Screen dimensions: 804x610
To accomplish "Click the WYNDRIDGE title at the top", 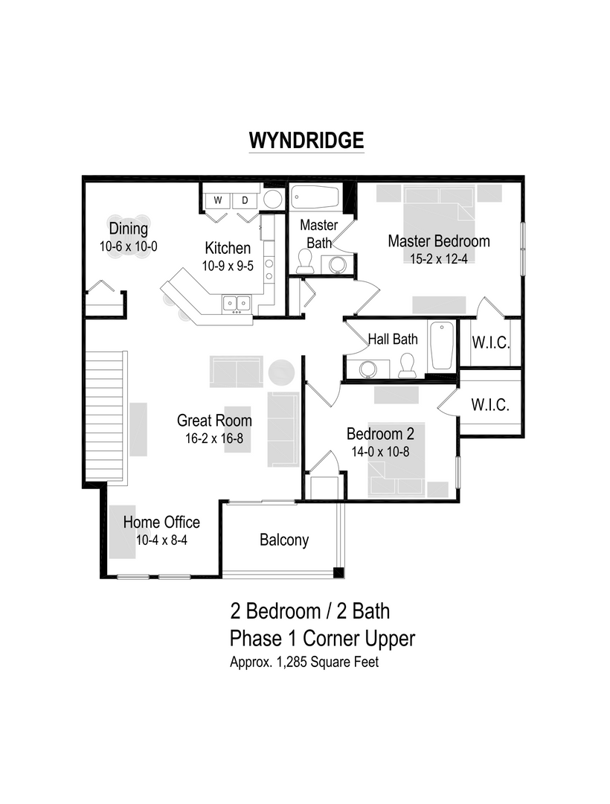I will (x=305, y=140).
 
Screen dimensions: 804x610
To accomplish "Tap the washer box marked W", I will (x=218, y=200).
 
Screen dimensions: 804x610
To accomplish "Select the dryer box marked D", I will (x=244, y=200).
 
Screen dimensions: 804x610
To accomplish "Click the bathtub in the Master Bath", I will (x=315, y=198).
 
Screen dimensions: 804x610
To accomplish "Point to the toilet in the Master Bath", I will (x=305, y=261).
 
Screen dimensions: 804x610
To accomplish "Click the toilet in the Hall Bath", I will (x=406, y=365).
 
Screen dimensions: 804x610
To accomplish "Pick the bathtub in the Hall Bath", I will (x=441, y=345).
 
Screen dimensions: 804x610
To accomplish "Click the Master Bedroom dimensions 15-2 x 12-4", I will (x=438, y=258).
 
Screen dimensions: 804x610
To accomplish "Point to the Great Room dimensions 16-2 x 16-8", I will (x=214, y=438).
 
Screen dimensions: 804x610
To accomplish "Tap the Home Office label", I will (x=161, y=523).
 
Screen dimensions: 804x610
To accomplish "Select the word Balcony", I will (x=284, y=540).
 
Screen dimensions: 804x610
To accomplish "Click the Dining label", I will (x=129, y=229).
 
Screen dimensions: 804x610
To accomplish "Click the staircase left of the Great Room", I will (x=104, y=417).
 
